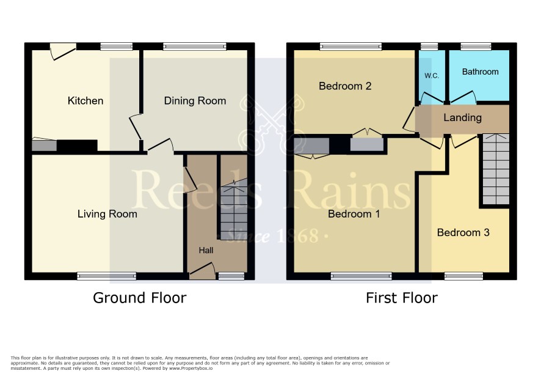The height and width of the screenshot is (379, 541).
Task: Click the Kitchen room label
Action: (85, 101)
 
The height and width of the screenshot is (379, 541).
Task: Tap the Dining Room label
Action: (195, 101)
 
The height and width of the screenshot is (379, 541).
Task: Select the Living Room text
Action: (107, 214)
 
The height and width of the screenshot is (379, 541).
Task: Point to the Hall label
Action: (206, 250)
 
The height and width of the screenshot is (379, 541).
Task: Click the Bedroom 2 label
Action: (345, 86)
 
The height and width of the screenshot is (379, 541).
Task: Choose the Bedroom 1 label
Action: (354, 214)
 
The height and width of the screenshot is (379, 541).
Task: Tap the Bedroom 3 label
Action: (463, 232)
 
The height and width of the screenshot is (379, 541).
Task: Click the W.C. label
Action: (432, 76)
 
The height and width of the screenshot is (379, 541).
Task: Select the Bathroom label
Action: (481, 72)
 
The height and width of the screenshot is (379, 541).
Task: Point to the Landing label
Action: (462, 118)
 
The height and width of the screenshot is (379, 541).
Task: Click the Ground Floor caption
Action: (140, 298)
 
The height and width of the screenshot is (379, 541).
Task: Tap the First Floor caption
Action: (402, 298)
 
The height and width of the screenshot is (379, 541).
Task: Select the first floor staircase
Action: (496, 169)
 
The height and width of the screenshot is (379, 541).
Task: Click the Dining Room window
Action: (195, 46)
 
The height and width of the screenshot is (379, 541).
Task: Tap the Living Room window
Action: (107, 276)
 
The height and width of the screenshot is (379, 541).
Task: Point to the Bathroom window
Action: (476, 46)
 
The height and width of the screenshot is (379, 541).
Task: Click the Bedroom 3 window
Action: (463, 276)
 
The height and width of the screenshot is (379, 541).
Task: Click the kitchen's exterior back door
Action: (63, 51)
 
